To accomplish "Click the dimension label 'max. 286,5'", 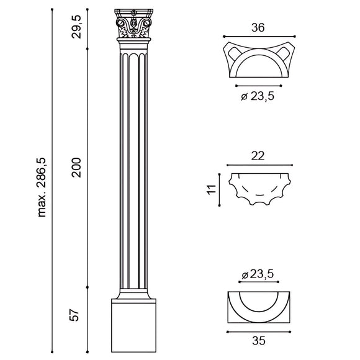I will (43, 187).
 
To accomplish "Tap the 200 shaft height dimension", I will (76, 166).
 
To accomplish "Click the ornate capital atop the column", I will (135, 27).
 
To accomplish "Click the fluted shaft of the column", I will (135, 168).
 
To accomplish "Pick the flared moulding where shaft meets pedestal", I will (134, 294).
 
